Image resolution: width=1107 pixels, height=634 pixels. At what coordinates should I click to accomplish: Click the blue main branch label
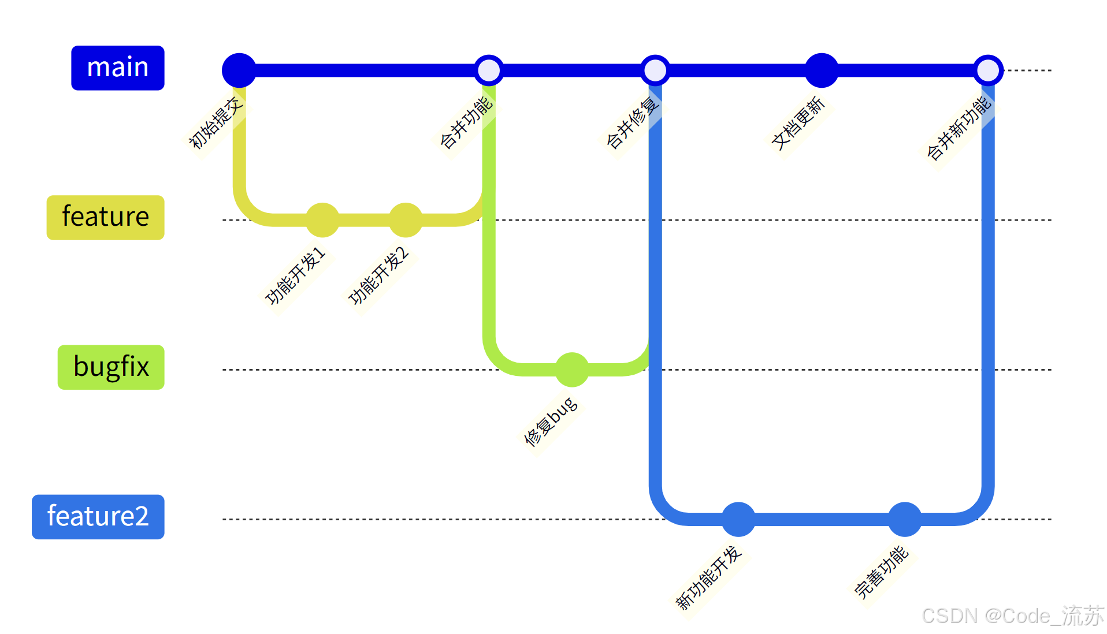tap(118, 68)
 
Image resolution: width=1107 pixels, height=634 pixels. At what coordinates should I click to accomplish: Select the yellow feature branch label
tap(106, 218)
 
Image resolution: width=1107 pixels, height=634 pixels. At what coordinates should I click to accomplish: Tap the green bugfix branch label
tap(111, 367)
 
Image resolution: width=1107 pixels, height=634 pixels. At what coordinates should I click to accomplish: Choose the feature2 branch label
tap(98, 517)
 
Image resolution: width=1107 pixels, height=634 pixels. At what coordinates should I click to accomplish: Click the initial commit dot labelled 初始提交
tap(239, 70)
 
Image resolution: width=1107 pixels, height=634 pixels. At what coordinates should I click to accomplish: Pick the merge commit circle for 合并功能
tap(489, 70)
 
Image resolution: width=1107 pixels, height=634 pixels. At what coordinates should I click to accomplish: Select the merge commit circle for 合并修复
tap(655, 70)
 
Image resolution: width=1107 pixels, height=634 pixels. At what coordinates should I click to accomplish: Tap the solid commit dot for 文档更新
tap(822, 70)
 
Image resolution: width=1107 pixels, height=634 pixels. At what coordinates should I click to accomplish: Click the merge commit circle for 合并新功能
tap(988, 70)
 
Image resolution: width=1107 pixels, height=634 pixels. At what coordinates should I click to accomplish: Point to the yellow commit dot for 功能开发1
tap(322, 220)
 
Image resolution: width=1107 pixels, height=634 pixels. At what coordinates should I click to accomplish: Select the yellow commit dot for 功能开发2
tap(406, 220)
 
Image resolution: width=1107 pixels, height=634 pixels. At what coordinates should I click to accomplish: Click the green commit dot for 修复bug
tap(572, 370)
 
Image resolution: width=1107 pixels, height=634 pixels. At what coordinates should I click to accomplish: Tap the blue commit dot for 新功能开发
tap(738, 519)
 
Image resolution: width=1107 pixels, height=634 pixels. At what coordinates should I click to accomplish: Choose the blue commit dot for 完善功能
tap(905, 519)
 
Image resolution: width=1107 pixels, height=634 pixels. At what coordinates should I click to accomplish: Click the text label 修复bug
tap(550, 422)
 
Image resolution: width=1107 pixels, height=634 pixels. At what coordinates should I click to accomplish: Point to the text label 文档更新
tap(798, 124)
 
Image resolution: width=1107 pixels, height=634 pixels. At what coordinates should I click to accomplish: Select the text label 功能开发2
tap(379, 275)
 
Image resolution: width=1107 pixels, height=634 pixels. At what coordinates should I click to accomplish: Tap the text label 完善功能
tap(882, 572)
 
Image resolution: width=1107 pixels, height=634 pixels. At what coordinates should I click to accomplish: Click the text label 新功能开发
tap(708, 578)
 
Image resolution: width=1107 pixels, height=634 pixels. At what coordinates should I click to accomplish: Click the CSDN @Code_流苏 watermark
tap(1013, 616)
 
